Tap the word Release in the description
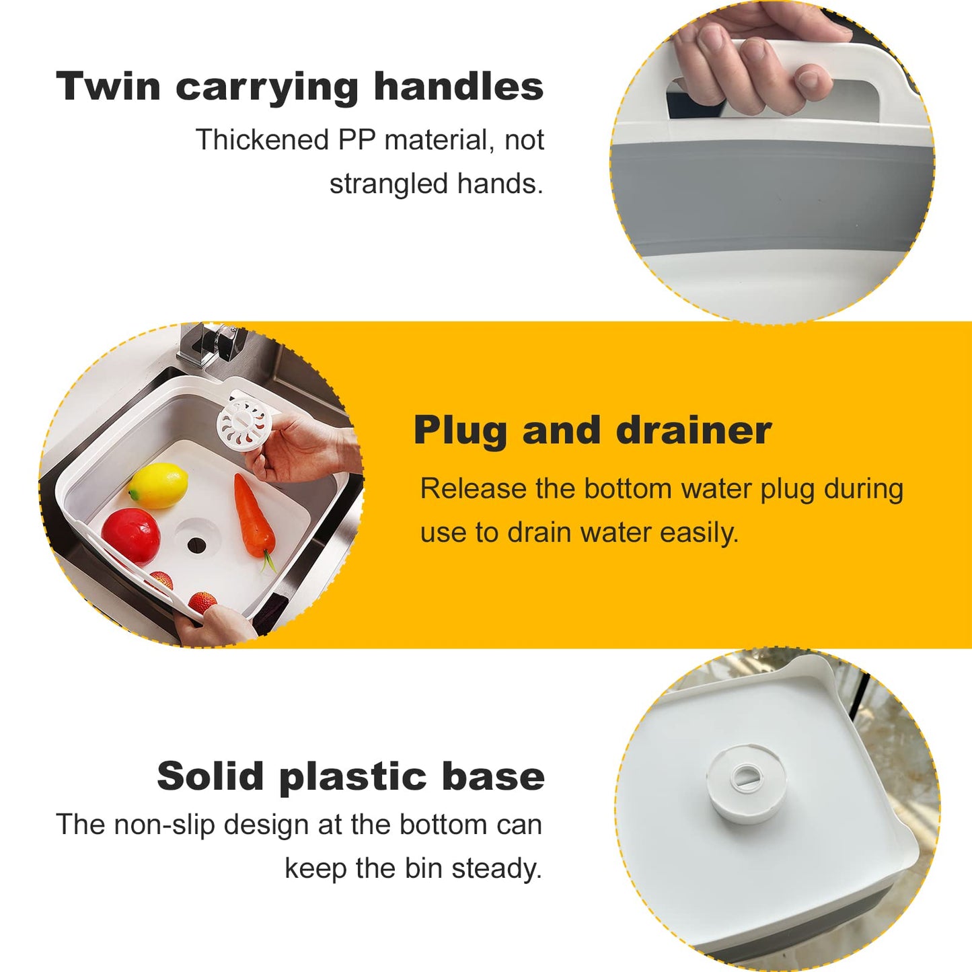pos(473,488)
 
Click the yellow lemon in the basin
pos(159,484)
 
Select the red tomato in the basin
pos(131,535)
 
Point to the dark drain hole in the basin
pos(196,544)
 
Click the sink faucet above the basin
pos(209,343)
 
